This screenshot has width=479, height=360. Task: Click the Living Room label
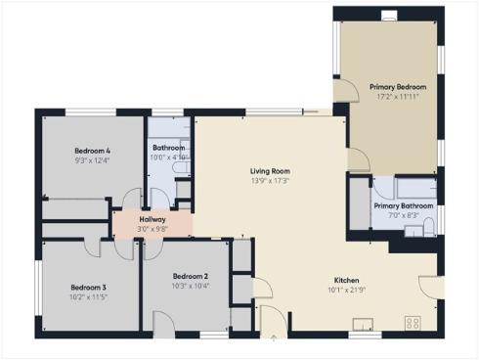(x=269, y=170)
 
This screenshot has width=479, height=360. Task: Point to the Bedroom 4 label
(x=92, y=150)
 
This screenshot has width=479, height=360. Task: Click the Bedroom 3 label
(x=88, y=287)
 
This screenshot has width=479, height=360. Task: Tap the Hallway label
(x=152, y=219)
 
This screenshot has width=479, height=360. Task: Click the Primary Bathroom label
(x=403, y=205)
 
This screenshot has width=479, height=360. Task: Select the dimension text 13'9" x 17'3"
(x=269, y=180)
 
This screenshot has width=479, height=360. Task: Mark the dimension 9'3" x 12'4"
(x=92, y=159)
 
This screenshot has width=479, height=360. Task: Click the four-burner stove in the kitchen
(x=413, y=322)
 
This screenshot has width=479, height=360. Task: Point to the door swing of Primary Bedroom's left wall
(x=344, y=90)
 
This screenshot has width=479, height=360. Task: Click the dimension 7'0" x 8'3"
(x=403, y=215)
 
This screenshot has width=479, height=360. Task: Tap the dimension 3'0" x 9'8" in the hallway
(x=152, y=229)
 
